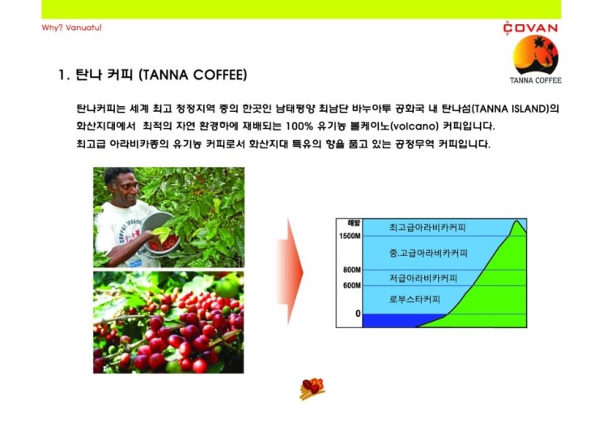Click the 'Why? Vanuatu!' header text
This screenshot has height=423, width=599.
[x=71, y=28]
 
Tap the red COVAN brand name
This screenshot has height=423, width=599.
[x=530, y=28]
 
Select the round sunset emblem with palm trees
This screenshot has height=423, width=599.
[x=536, y=55]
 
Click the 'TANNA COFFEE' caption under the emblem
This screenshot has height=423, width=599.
[x=535, y=80]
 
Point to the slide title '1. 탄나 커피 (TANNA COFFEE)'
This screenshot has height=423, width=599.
[x=153, y=75]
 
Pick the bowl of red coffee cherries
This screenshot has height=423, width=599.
[x=161, y=234]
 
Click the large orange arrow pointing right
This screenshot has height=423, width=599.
[x=291, y=272]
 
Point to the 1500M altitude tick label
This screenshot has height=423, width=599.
[x=350, y=236]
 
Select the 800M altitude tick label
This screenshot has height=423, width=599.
[x=351, y=270]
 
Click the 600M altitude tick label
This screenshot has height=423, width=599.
[x=351, y=285]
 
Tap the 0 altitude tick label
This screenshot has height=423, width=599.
[x=358, y=314]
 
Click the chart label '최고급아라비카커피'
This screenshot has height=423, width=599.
[x=427, y=228]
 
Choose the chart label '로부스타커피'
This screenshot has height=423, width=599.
[x=414, y=299]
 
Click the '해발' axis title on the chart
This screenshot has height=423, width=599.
[x=354, y=223]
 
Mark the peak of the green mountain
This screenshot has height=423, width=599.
[x=517, y=220]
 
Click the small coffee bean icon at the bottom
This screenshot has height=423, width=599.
[x=312, y=389]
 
